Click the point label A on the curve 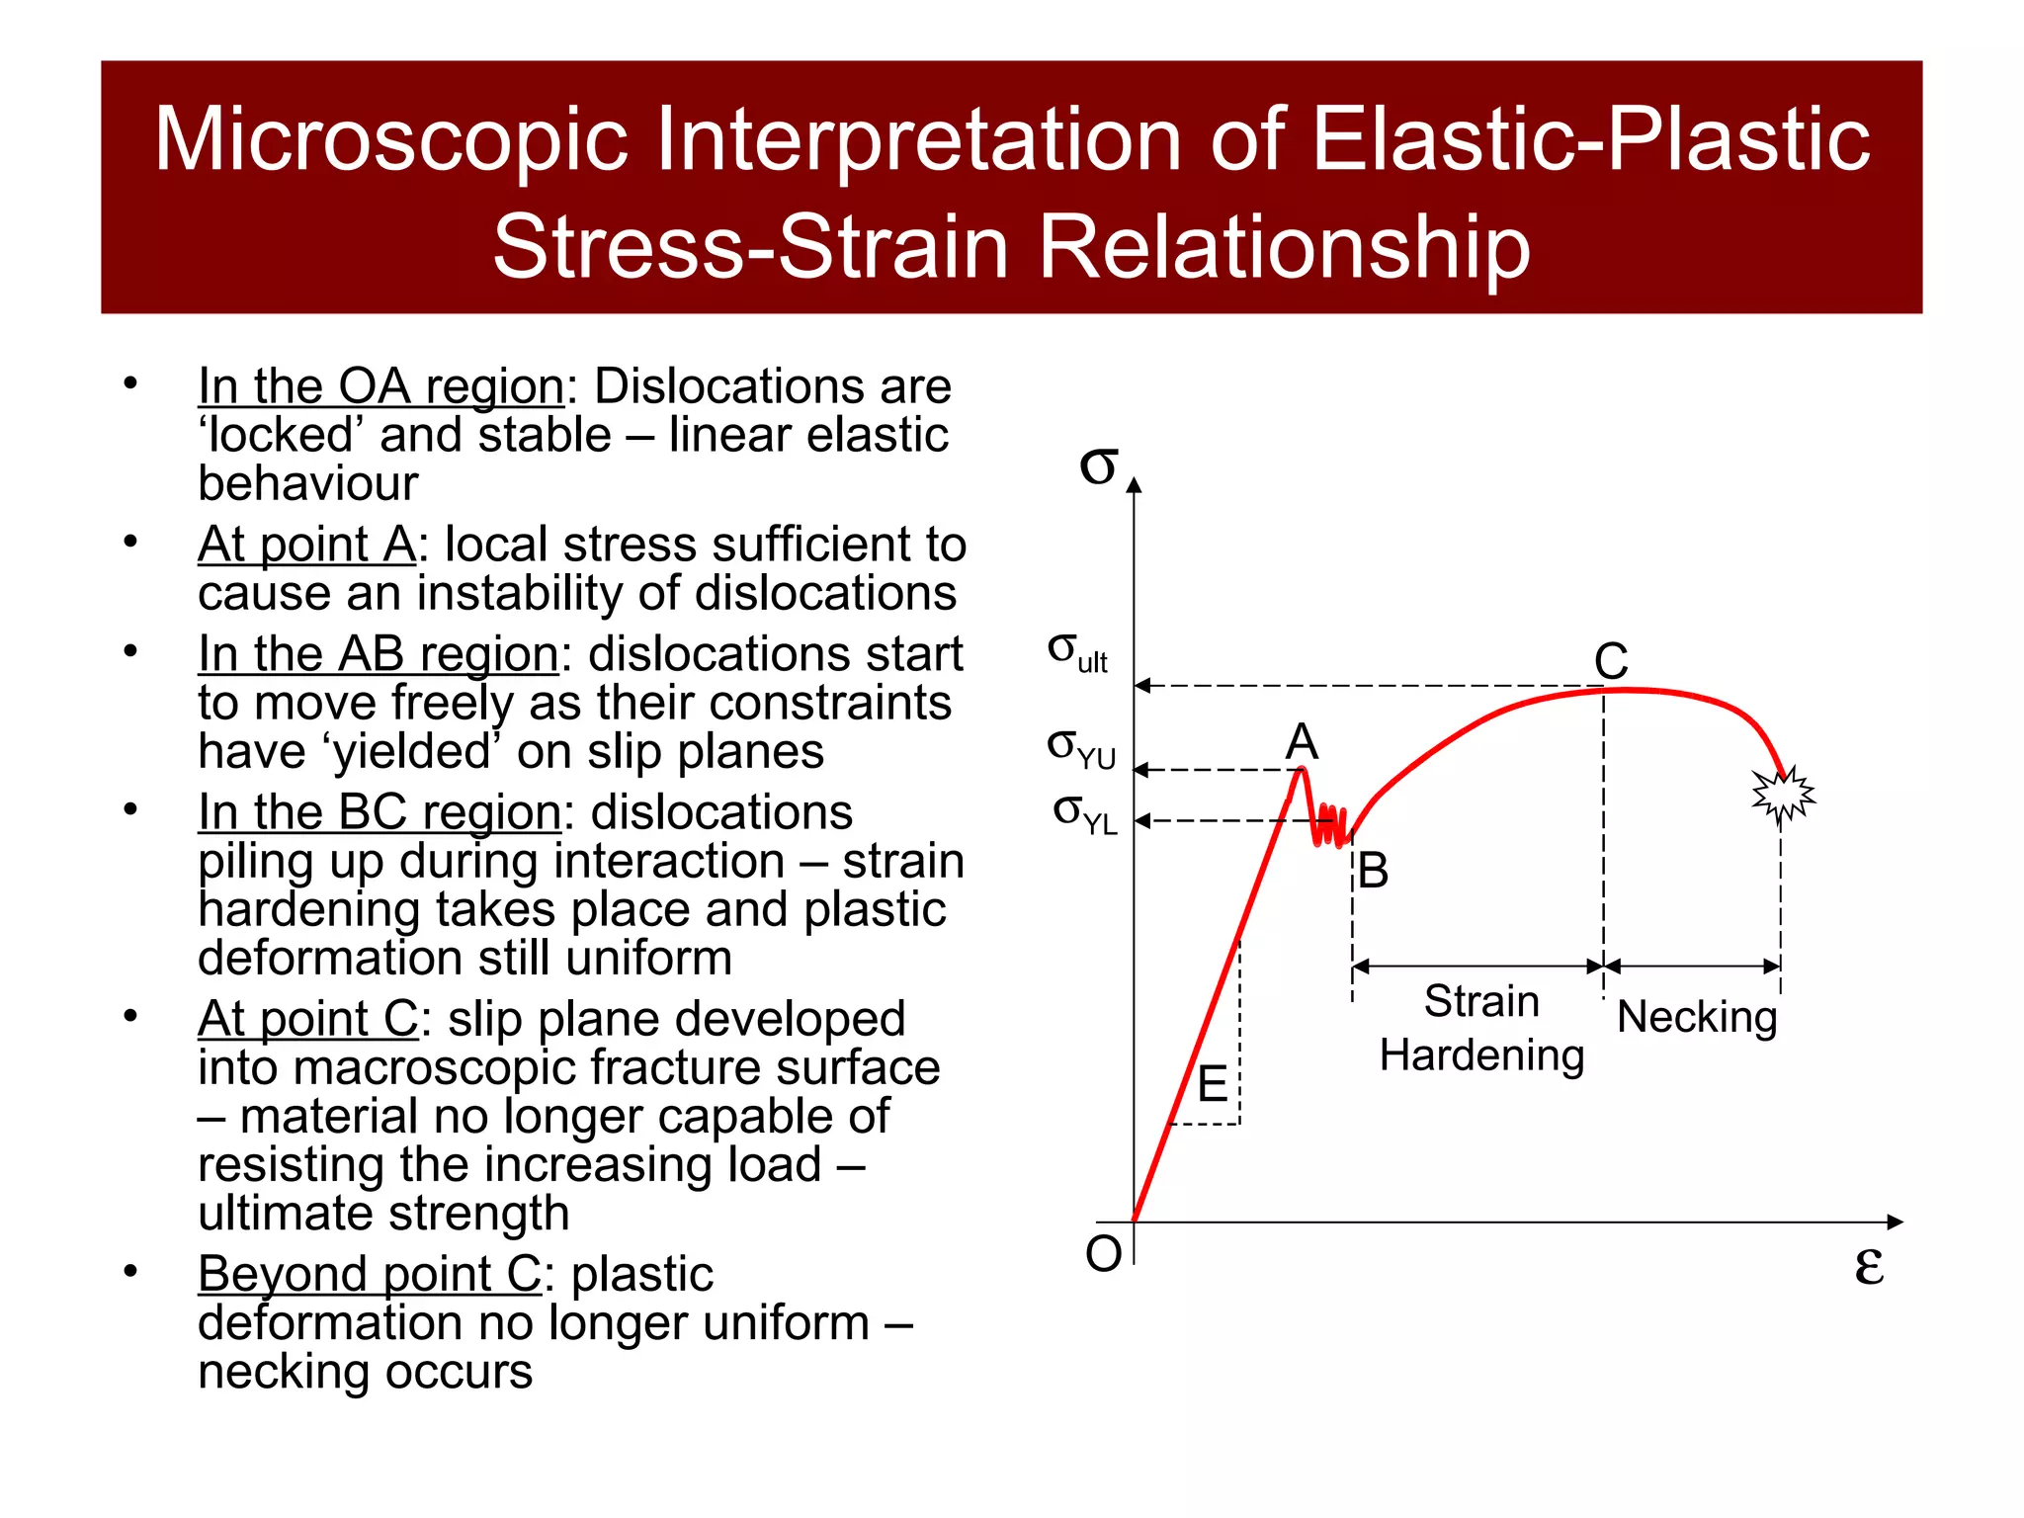coord(1302,741)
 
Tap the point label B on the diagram coord(1373,872)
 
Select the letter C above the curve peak coord(1611,661)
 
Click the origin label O coord(1104,1254)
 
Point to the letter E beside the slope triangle coord(1213,1085)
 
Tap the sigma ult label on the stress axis coord(1077,653)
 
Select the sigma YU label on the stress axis coord(1081,748)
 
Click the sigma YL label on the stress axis coord(1085,814)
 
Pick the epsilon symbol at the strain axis coord(1868,1265)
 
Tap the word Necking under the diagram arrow coord(1697,1017)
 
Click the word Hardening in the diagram coord(1481,1055)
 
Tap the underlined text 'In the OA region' coord(380,386)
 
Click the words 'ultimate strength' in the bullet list coord(383,1214)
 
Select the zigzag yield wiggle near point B coord(1330,826)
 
